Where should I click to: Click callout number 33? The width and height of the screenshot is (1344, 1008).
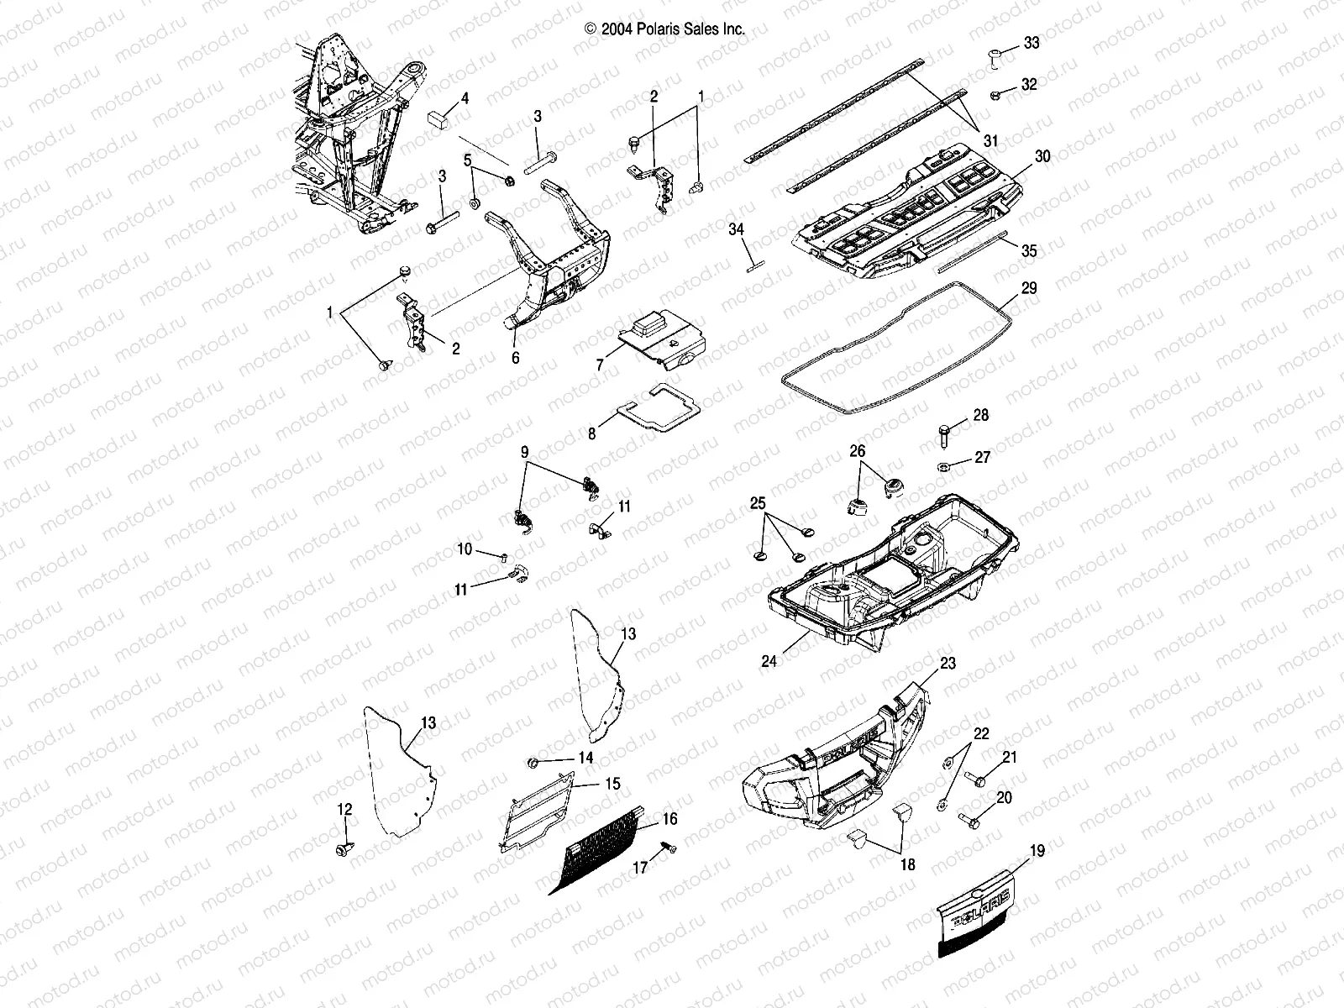pos(1031,42)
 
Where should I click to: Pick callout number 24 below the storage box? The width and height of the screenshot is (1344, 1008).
pos(769,660)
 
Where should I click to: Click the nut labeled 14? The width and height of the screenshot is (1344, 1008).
pos(533,763)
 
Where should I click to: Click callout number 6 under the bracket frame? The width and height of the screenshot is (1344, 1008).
pos(515,357)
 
